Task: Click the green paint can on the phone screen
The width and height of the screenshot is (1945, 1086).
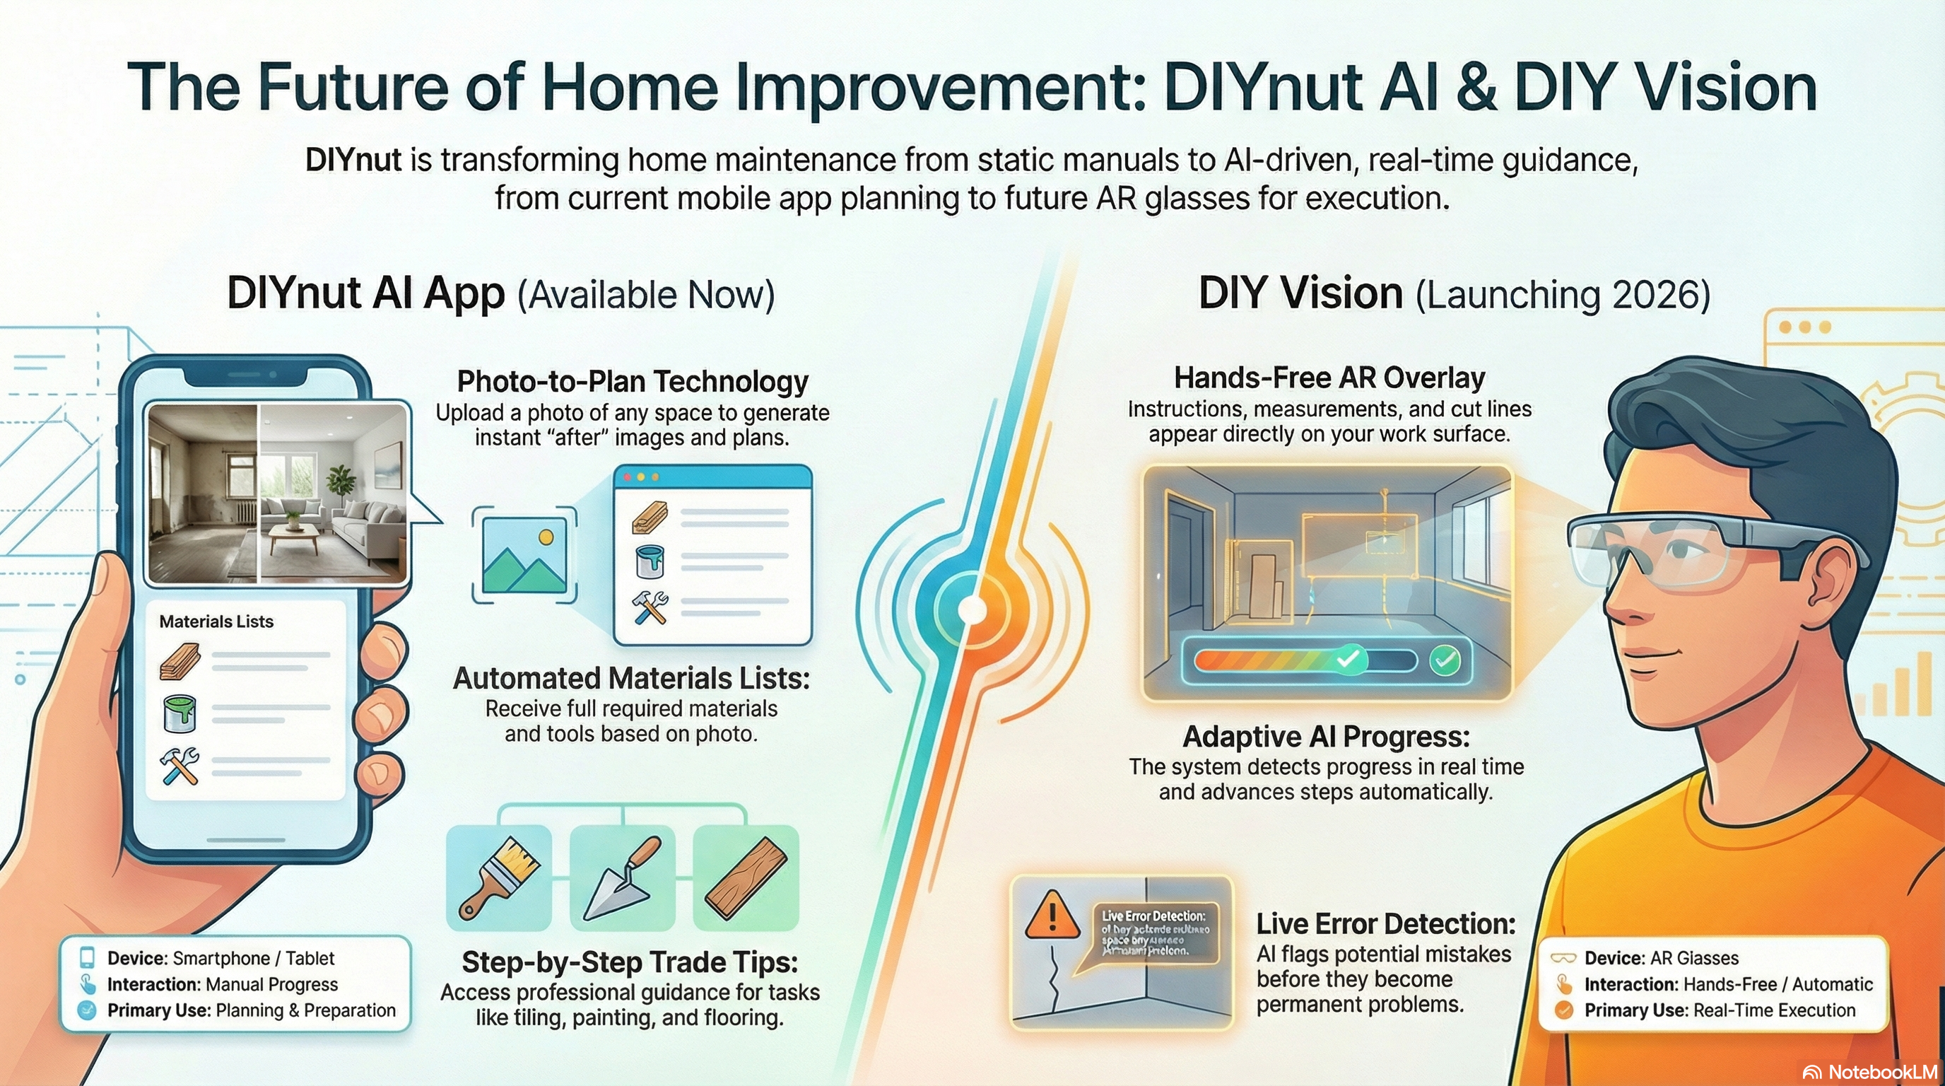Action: coord(180,713)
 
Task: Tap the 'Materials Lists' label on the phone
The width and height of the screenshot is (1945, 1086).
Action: coord(216,621)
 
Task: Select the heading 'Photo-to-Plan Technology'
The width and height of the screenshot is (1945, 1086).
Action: coord(632,381)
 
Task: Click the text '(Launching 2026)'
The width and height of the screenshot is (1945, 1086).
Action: coord(1562,295)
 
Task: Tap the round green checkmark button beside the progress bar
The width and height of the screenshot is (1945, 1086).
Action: coord(1445,661)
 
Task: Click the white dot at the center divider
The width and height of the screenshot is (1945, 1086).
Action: coord(972,610)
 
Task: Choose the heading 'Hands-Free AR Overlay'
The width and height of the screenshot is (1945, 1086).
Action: coord(1329,378)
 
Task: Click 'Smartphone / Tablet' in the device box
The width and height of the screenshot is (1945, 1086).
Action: coord(253,958)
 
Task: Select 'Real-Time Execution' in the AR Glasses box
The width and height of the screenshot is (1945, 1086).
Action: coord(1775,1010)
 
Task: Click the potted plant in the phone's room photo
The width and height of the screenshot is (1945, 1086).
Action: coord(341,484)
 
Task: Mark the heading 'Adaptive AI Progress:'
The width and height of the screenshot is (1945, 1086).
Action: coord(1326,736)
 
